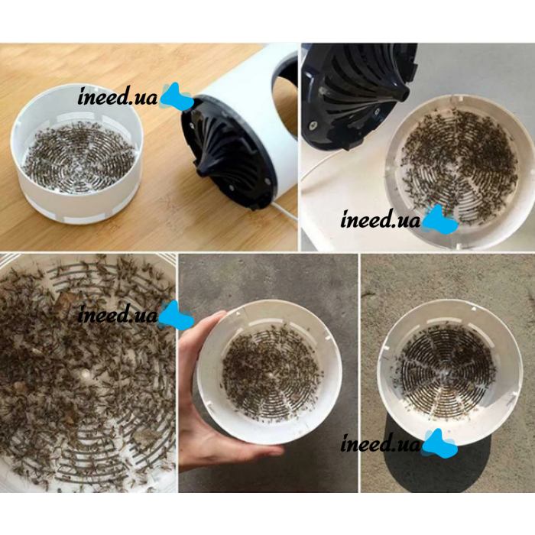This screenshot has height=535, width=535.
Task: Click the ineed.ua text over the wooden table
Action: click(x=118, y=96)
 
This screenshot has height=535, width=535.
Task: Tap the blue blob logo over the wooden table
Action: click(x=177, y=97)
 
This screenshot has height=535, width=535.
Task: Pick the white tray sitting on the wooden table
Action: click(x=76, y=154)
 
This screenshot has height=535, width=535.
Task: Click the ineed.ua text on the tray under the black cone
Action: click(x=381, y=219)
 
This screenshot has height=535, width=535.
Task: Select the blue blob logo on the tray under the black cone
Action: click(x=440, y=220)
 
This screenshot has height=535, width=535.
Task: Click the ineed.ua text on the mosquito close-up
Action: click(x=118, y=315)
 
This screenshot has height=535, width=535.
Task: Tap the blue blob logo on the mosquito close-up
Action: click(x=177, y=315)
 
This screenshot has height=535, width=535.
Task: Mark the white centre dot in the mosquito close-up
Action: click(x=85, y=373)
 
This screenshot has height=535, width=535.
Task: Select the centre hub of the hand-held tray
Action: click(x=271, y=374)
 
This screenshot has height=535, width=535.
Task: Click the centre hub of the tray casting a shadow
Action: click(x=446, y=369)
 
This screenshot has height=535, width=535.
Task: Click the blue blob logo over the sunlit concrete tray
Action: click(x=440, y=443)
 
